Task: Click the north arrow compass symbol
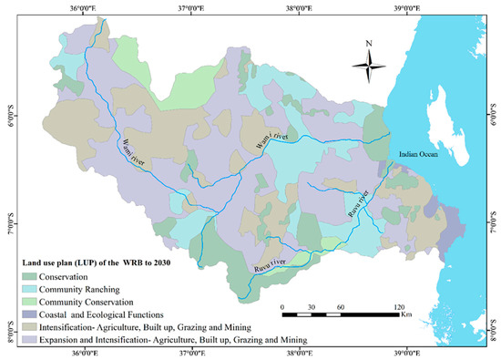pos(369,64)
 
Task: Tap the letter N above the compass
pos(369,43)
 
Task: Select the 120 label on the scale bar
pos(397,306)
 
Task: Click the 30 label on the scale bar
pos(311,306)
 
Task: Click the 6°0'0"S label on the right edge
pos(495,118)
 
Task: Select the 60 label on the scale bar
pos(340,306)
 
